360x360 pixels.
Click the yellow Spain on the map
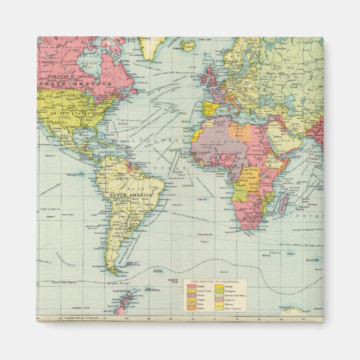point(208,108)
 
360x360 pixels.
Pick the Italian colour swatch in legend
point(191,308)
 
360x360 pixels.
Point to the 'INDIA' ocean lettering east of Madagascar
point(312,215)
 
